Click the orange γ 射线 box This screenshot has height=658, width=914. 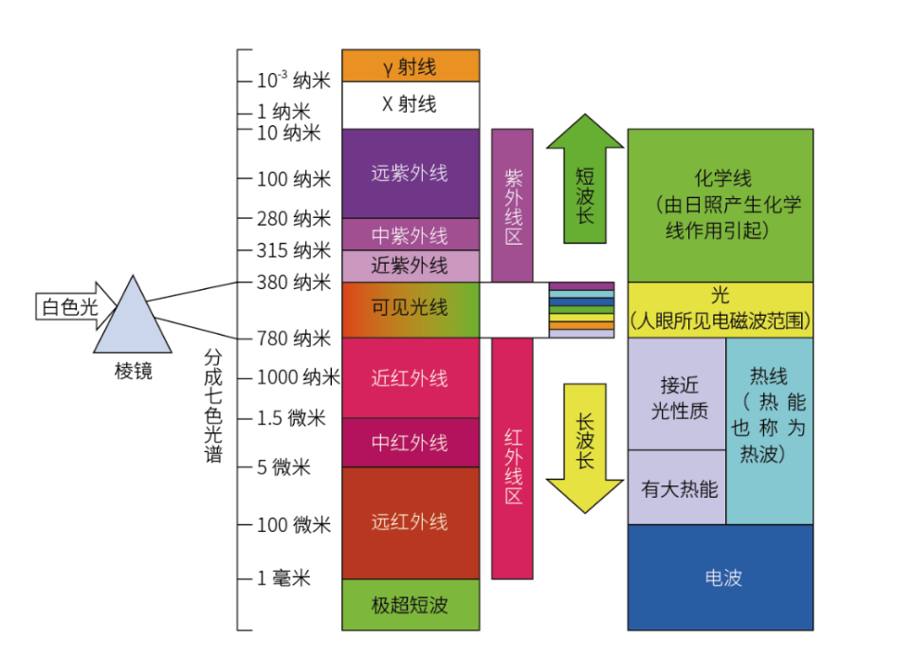click(411, 65)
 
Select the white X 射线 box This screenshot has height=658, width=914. click(411, 105)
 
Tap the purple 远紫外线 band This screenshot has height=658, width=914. click(411, 174)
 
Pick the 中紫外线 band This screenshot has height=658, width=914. click(411, 235)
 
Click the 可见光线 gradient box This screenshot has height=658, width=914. click(411, 310)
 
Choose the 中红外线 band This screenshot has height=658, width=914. click(411, 443)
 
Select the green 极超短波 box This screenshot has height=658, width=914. click(411, 604)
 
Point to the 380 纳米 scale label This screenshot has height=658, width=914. click(294, 283)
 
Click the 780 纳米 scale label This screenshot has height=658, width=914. click(294, 338)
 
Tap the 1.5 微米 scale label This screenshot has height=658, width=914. click(291, 418)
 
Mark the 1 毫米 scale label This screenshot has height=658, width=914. click(283, 578)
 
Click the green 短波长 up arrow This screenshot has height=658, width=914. click(585, 178)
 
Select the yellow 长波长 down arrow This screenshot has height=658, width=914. click(585, 448)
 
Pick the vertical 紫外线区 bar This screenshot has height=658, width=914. click(512, 206)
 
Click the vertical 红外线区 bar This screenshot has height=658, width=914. click(512, 459)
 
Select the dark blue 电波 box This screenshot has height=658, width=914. click(721, 577)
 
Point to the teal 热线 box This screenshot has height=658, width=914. click(770, 431)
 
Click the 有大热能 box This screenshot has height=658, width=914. click(677, 487)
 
